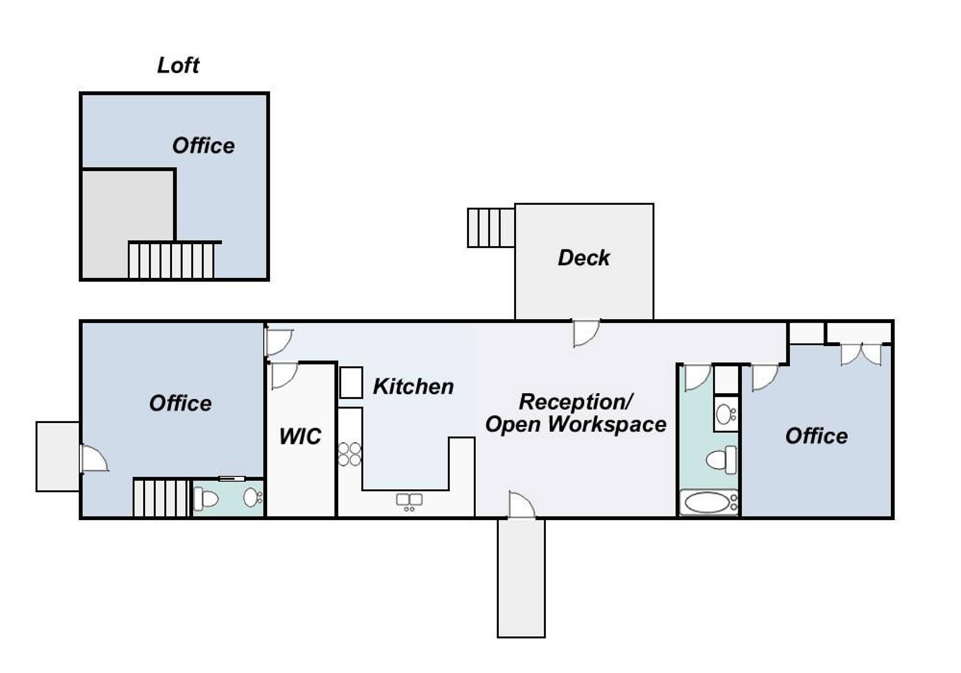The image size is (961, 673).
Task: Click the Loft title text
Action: [x=178, y=65]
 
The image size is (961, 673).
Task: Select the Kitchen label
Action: [x=413, y=386]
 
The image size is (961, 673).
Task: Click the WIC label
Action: [x=300, y=436]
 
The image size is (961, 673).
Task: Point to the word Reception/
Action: [x=576, y=402]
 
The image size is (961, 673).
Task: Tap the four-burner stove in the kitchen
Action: [x=349, y=454]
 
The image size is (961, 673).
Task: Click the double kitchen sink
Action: [x=409, y=502]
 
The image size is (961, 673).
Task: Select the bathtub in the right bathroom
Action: [x=708, y=502]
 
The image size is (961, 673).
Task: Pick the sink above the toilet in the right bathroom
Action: [x=726, y=414]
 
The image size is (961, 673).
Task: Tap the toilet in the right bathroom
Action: [x=722, y=460]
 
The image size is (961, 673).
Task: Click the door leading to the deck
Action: [x=586, y=333]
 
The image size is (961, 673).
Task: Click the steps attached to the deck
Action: [x=491, y=228]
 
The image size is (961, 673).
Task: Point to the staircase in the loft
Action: [x=171, y=260]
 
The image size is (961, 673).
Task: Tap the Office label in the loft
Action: [x=204, y=146]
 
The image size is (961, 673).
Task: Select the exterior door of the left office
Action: [x=94, y=459]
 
